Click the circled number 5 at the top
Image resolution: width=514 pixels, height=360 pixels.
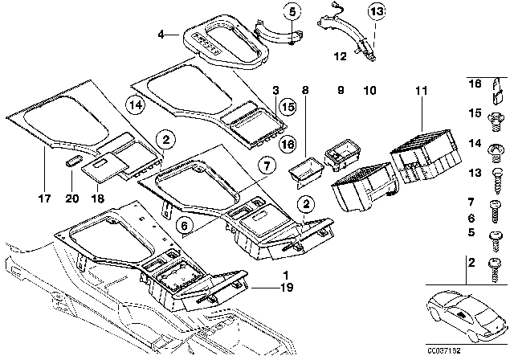(292, 11)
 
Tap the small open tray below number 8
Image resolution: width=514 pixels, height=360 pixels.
(304, 171)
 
